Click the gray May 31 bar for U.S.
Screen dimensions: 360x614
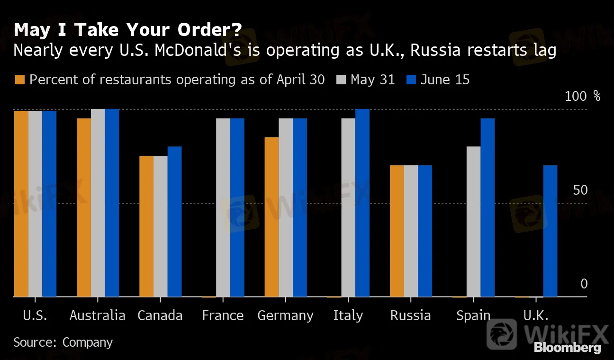35,204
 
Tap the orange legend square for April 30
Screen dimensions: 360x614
19,80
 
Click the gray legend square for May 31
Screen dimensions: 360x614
341,80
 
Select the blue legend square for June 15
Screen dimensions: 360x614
411,80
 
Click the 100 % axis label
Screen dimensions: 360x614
582,97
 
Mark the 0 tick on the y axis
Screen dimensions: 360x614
584,284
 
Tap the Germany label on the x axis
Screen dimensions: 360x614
285,316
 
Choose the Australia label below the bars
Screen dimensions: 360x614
98,316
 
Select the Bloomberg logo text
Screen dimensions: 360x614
567,348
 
